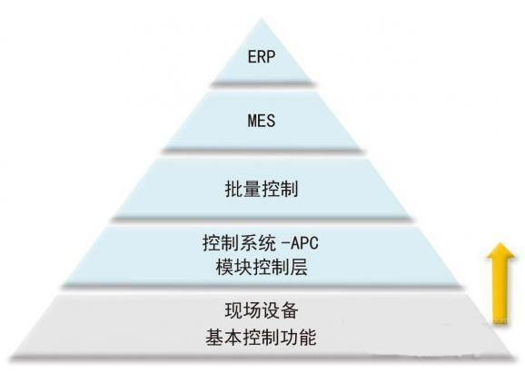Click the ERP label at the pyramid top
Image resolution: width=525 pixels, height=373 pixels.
tap(262, 56)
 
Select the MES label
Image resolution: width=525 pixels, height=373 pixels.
tap(262, 121)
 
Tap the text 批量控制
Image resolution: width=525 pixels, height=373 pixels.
tap(262, 190)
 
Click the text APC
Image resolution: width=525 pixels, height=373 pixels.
tap(304, 242)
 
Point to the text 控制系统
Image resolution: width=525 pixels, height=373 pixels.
tap(240, 243)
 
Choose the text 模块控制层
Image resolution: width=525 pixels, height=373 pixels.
tap(262, 268)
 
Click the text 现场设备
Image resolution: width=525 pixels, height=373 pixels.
tap(262, 310)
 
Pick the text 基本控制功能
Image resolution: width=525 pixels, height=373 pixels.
tap(262, 338)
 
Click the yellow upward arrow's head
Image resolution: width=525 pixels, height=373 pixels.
tap(501, 251)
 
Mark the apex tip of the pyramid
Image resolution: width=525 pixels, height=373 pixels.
tap(262, 19)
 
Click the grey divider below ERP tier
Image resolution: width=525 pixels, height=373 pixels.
tap(262, 84)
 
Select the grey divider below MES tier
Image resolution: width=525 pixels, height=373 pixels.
tap(262, 151)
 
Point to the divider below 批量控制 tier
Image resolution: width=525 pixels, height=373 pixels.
tap(262, 219)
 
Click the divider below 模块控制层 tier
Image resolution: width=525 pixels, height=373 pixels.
tap(262, 286)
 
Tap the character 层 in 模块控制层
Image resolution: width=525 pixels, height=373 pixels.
tap(299, 268)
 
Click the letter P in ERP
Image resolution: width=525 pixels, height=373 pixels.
tap(271, 56)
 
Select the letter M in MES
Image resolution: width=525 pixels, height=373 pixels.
tap(253, 121)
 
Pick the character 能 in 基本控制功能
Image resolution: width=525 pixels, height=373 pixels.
tap(308, 338)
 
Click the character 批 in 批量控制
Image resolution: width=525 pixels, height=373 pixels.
tap(233, 190)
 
